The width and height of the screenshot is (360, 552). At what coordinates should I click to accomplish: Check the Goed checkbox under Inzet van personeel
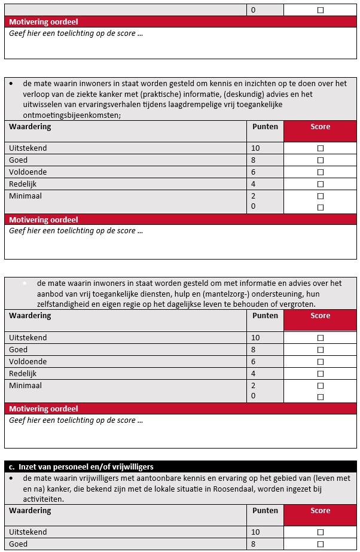pyautogui.click(x=321, y=544)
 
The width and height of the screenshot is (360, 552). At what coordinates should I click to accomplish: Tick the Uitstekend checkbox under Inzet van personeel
pyautogui.click(x=321, y=532)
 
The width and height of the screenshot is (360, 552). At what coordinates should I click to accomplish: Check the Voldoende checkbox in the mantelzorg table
pyautogui.click(x=321, y=362)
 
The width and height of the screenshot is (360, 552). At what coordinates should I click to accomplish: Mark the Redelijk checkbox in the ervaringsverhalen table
pyautogui.click(x=321, y=184)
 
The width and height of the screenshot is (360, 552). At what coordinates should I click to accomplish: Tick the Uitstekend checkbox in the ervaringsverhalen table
pyautogui.click(x=321, y=148)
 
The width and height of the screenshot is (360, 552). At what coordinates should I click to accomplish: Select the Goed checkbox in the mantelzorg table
pyautogui.click(x=321, y=350)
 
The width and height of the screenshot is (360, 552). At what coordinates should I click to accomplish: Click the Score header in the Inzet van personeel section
pyautogui.click(x=321, y=511)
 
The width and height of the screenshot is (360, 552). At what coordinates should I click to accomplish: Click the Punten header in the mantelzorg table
pyautogui.click(x=265, y=316)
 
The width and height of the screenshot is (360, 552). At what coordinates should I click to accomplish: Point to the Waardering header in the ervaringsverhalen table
pyautogui.click(x=30, y=127)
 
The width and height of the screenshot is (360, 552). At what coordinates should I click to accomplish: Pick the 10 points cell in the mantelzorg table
pyautogui.click(x=255, y=338)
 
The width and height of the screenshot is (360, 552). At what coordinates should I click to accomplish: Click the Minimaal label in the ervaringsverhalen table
pyautogui.click(x=26, y=196)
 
